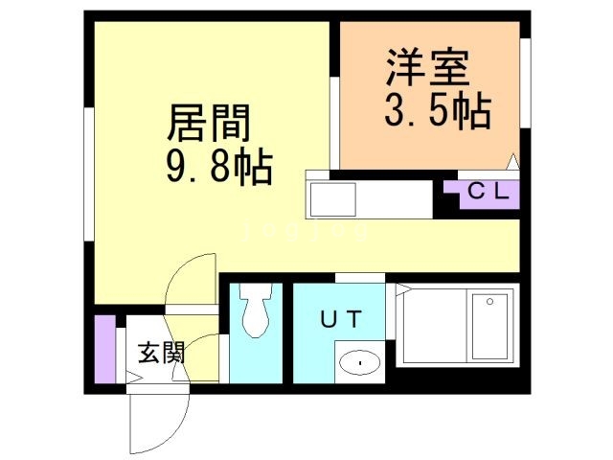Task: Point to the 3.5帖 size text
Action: [x=437, y=112]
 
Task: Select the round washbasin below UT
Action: [x=360, y=362]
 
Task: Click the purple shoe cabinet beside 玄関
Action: [x=103, y=346]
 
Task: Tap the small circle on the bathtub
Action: [x=489, y=302]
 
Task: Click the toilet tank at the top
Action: [x=255, y=290]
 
